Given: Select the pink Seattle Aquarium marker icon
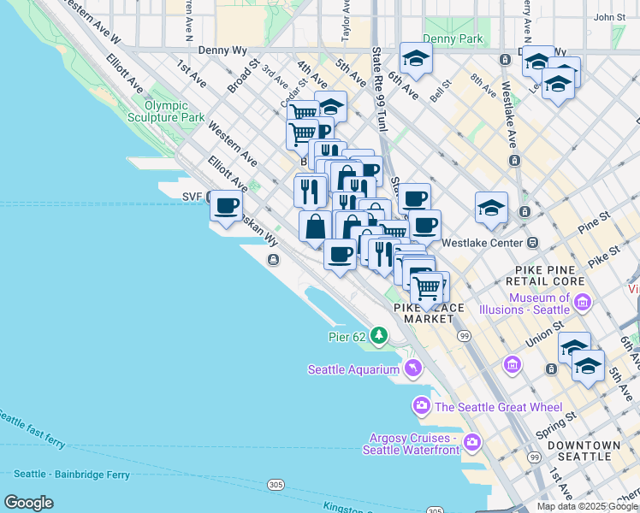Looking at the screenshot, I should (412, 369).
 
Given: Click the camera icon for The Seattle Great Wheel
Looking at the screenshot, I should (421, 405).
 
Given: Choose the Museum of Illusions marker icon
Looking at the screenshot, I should (583, 302).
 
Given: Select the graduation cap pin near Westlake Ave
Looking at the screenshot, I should (491, 208).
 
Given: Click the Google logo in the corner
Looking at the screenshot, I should (29, 502).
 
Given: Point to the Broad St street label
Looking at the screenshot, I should (241, 75).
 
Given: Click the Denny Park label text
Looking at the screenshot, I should (452, 38).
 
